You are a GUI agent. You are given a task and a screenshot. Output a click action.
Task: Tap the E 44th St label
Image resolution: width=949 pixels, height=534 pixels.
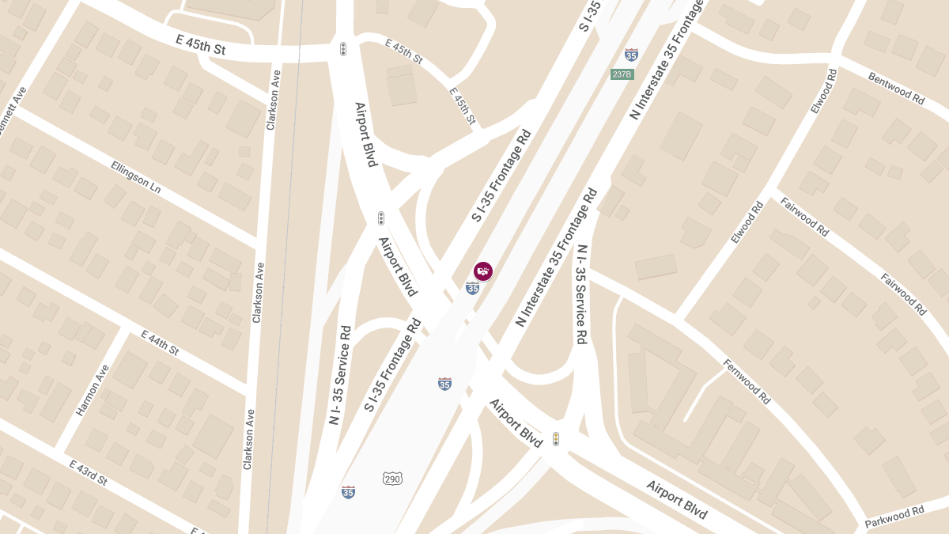[161, 343]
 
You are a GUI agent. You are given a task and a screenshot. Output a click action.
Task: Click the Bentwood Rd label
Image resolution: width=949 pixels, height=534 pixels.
[896, 89]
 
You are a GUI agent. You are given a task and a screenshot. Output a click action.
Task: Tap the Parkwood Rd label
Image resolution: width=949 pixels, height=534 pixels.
[894, 517]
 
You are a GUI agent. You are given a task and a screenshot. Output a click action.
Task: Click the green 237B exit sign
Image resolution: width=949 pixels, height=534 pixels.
[622, 74]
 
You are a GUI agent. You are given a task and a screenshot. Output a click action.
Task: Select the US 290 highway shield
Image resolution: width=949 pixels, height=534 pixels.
[392, 479]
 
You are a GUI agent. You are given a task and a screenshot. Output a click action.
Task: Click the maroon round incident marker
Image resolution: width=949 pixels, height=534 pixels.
[483, 271]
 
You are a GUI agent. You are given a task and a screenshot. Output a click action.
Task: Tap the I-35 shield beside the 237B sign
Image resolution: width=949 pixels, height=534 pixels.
[631, 55]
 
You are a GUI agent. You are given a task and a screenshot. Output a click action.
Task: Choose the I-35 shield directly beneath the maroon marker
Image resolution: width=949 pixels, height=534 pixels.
[472, 288]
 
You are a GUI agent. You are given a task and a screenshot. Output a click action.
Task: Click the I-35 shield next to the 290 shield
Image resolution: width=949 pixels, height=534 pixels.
[348, 492]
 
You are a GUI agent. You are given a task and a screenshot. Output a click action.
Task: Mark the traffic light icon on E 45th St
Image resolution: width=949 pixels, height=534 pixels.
[343, 49]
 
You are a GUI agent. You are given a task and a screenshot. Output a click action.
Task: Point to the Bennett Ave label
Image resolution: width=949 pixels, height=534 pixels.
[15, 112]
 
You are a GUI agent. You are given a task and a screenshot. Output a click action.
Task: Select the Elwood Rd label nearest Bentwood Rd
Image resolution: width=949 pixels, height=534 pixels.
[822, 91]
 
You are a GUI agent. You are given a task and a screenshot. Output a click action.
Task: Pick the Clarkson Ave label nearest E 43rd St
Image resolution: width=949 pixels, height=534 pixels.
[249, 439]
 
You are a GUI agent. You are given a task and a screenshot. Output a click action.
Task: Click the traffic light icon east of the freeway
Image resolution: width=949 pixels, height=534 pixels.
[556, 439]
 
